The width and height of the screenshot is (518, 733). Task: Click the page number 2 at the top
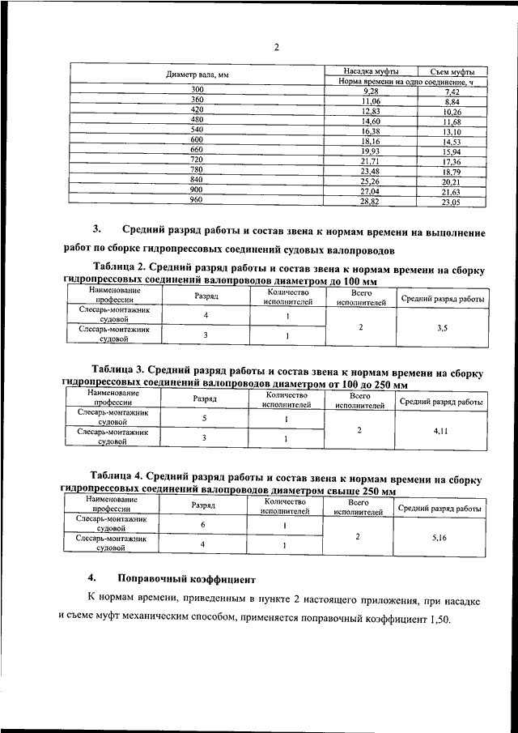[276, 47]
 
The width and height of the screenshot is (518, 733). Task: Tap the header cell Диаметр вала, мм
[199, 75]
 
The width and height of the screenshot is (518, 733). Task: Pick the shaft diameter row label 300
[197, 89]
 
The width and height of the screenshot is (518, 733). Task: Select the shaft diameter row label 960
[196, 199]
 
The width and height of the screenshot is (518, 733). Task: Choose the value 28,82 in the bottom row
[371, 201]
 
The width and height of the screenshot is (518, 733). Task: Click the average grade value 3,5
[442, 328]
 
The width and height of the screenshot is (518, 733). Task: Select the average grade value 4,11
[442, 432]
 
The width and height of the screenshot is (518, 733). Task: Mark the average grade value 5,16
[441, 536]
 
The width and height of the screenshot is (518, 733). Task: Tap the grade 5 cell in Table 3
[205, 419]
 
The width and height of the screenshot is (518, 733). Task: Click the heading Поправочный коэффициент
[186, 580]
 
